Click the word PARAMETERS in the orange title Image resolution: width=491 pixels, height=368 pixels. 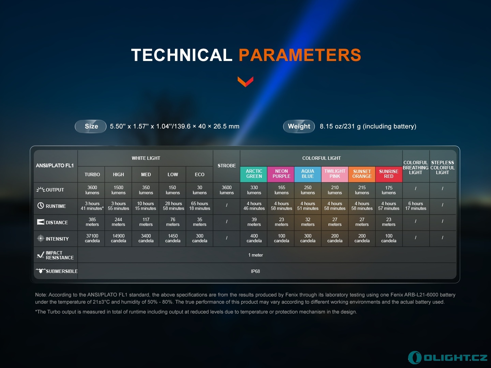pyautogui.click(x=300, y=55)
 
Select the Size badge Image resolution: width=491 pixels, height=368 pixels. pyautogui.click(x=91, y=126)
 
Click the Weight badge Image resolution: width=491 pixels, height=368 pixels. pyautogui.click(x=299, y=126)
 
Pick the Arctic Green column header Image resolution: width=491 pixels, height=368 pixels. pyautogui.click(x=254, y=174)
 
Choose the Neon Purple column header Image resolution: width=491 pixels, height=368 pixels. pyautogui.click(x=281, y=174)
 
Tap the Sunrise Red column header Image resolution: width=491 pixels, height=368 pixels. pyautogui.click(x=389, y=174)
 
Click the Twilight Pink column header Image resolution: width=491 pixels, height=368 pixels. pyautogui.click(x=334, y=174)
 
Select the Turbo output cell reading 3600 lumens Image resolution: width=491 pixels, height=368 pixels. pyautogui.click(x=92, y=190)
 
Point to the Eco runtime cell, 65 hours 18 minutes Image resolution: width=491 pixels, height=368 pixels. pyautogui.click(x=199, y=206)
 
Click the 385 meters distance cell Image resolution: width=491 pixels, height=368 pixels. pyautogui.click(x=92, y=222)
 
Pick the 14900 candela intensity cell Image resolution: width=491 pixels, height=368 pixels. pyautogui.click(x=118, y=239)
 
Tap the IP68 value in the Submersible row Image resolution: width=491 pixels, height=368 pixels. pyautogui.click(x=255, y=271)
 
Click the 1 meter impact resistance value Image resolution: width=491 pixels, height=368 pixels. pyautogui.click(x=255, y=255)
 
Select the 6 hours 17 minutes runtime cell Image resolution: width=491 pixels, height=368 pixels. pyautogui.click(x=416, y=206)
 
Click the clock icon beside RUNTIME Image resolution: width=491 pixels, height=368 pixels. pyautogui.click(x=41, y=205)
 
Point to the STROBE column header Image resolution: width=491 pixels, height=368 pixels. pyautogui.click(x=227, y=166)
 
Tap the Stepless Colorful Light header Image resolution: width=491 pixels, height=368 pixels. pyautogui.click(x=443, y=168)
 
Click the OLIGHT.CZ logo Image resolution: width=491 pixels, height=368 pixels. pyautogui.click(x=447, y=357)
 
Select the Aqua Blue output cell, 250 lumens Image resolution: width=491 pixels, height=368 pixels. pyautogui.click(x=308, y=190)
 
